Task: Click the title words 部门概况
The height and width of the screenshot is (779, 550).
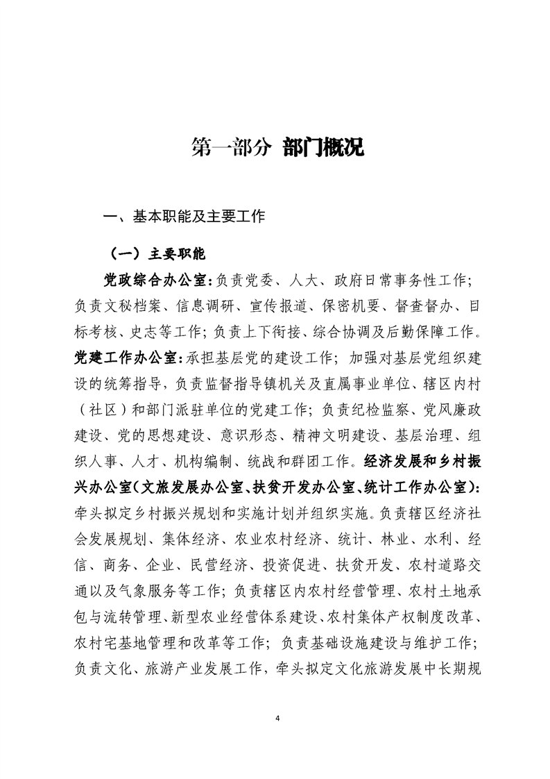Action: pos(323,148)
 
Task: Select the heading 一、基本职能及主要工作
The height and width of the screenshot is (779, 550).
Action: pos(184,217)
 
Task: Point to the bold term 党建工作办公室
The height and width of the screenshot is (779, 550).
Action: pos(127,358)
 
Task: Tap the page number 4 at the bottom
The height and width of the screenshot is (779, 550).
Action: pos(276,717)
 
